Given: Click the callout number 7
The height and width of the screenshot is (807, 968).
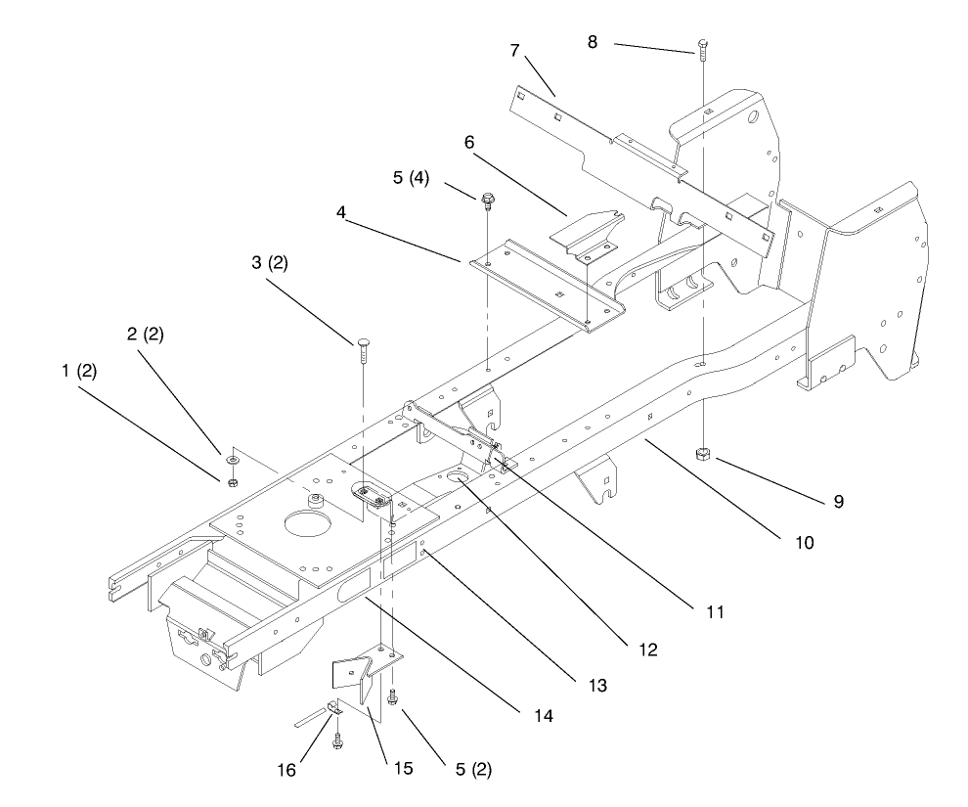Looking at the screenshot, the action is click(x=515, y=50).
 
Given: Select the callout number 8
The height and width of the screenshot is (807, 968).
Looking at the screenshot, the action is click(x=592, y=42).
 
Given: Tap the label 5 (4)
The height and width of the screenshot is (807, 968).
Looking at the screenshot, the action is click(x=411, y=178).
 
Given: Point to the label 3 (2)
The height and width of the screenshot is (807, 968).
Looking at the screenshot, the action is click(x=270, y=263).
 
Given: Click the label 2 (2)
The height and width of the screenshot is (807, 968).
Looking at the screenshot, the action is click(x=145, y=334).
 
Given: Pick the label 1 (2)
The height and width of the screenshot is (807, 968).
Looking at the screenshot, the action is click(x=79, y=371).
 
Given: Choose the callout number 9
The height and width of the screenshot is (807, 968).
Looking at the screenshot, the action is click(x=838, y=502).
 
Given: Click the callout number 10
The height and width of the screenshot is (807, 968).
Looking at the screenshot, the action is click(x=805, y=543).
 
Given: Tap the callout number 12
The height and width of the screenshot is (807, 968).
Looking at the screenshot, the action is click(x=648, y=650).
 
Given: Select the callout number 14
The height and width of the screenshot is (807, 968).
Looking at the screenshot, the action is click(x=544, y=716).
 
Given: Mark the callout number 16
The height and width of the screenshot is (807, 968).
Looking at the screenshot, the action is click(x=286, y=770).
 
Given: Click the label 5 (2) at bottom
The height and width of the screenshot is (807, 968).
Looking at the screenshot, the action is click(x=473, y=769).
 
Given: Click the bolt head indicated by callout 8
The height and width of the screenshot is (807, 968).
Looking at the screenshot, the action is click(x=702, y=44).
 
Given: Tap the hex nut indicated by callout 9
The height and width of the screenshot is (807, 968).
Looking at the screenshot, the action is click(x=703, y=454).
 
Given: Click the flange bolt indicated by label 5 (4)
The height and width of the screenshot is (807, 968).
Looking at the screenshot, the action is click(x=487, y=202).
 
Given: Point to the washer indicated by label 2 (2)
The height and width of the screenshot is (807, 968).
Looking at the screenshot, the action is click(x=234, y=460).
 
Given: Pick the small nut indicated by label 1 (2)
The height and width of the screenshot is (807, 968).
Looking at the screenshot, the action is click(x=233, y=482).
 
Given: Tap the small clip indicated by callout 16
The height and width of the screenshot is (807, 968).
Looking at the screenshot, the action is click(x=333, y=708).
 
